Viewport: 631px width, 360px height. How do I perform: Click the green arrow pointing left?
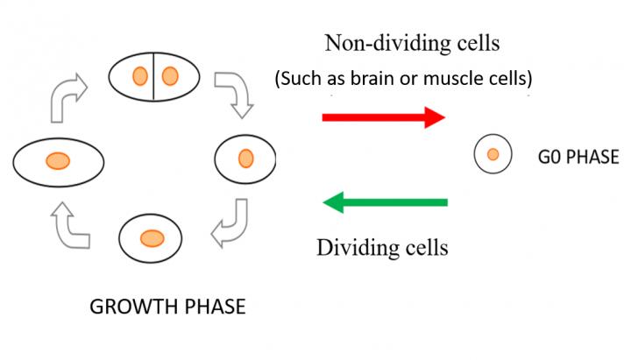click(386, 203)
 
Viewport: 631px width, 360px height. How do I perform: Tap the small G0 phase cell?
click(493, 155)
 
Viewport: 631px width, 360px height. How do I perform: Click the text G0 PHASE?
click(578, 157)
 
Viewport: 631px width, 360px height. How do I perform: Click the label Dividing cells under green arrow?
click(382, 247)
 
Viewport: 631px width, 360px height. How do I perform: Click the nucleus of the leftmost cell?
click(58, 160)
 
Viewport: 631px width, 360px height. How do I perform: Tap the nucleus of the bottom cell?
click(151, 236)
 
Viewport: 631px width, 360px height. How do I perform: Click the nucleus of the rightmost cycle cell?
click(246, 159)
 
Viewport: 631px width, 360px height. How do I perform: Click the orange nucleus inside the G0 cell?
click(493, 155)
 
